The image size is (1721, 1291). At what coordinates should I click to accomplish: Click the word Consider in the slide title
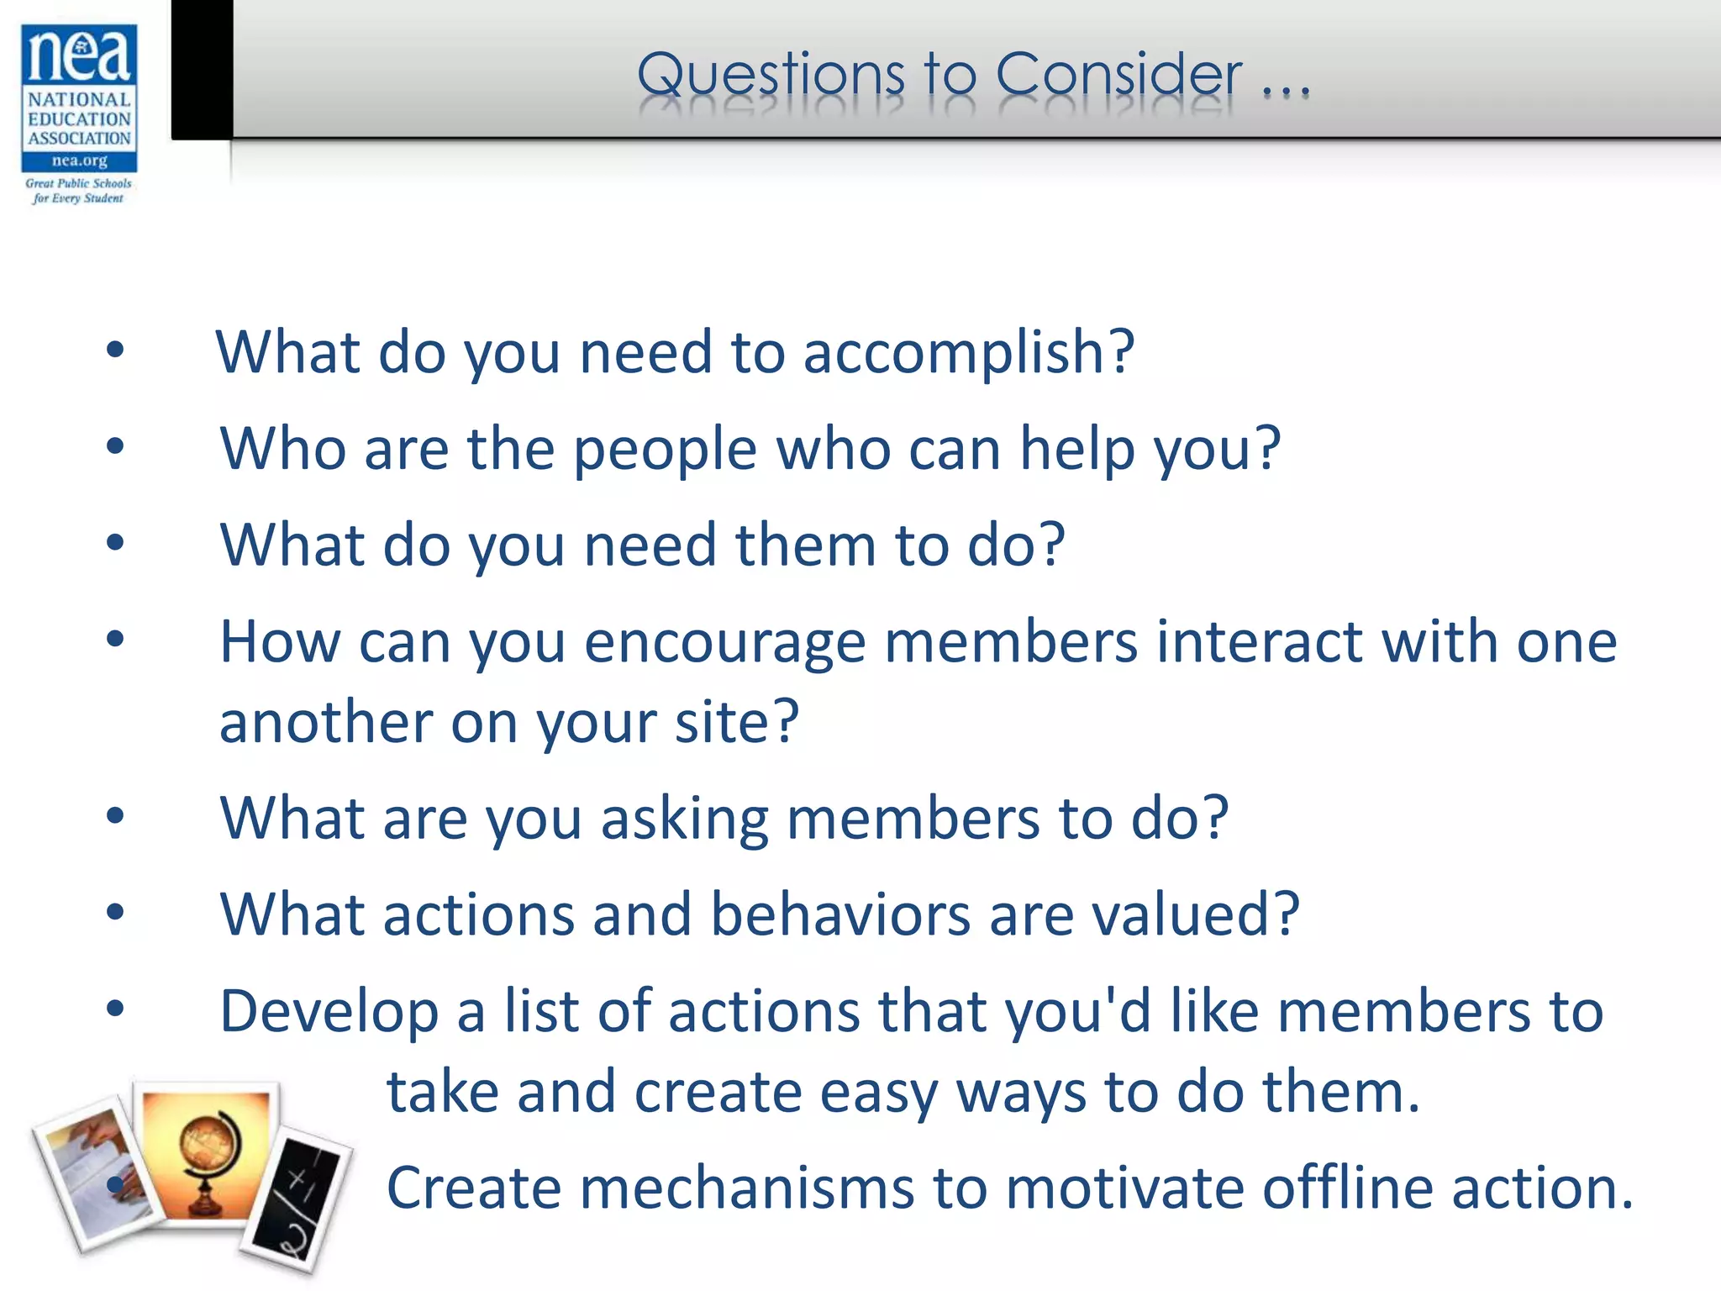click(x=1118, y=75)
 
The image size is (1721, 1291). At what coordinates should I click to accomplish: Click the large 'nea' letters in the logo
click(x=79, y=55)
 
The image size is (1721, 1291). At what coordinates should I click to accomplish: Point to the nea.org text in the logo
click(x=80, y=161)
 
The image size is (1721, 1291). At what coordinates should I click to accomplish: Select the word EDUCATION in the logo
click(x=80, y=119)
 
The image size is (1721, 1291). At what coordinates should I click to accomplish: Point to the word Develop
click(x=329, y=1014)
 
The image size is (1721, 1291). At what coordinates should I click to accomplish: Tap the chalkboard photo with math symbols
click(x=299, y=1202)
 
